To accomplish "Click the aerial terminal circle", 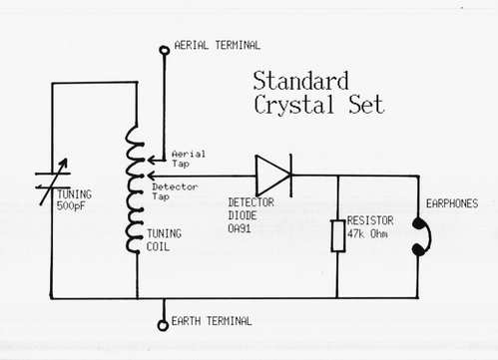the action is [x=165, y=50].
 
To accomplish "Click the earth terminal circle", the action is [x=163, y=325].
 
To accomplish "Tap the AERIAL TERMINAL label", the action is [x=218, y=45].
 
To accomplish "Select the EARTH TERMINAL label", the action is [x=212, y=321].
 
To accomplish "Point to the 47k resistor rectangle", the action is [x=338, y=235].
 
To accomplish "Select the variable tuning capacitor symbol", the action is [x=53, y=181].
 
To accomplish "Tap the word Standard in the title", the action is [x=301, y=81].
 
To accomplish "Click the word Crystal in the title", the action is [x=293, y=105].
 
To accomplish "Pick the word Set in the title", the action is [x=366, y=105].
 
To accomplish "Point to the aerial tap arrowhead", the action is [x=152, y=161].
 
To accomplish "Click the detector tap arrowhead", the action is [x=152, y=176].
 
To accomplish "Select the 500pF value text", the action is [x=71, y=206].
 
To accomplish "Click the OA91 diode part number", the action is [x=240, y=228].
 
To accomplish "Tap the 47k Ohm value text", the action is [x=367, y=234].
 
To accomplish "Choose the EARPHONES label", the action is [x=452, y=203].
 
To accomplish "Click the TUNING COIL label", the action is [x=164, y=240].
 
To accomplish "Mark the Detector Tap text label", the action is [x=175, y=191].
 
